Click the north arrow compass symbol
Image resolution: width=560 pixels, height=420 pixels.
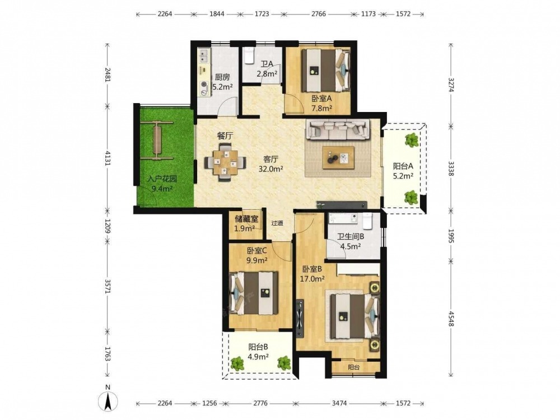[x=108, y=400]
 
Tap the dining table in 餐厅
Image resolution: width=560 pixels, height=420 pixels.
[x=225, y=163]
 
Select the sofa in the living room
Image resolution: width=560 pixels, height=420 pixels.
[x=338, y=129]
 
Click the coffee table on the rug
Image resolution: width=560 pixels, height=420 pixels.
[x=338, y=157]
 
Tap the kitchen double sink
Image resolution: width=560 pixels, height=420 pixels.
[x=204, y=56]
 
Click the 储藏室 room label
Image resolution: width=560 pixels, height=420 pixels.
[x=246, y=218]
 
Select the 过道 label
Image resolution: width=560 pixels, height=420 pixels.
[x=277, y=223]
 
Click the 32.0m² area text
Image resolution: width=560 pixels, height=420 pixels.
[x=271, y=169]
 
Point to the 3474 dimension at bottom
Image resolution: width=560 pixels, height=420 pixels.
[x=339, y=403]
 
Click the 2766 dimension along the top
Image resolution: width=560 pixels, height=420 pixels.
[x=319, y=14]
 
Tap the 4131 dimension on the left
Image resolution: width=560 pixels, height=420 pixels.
[x=108, y=157]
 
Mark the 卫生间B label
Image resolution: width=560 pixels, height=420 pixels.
[x=351, y=236]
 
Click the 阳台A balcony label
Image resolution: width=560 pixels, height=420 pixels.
[x=403, y=166]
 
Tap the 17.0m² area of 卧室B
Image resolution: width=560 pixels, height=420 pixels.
[x=312, y=279]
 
